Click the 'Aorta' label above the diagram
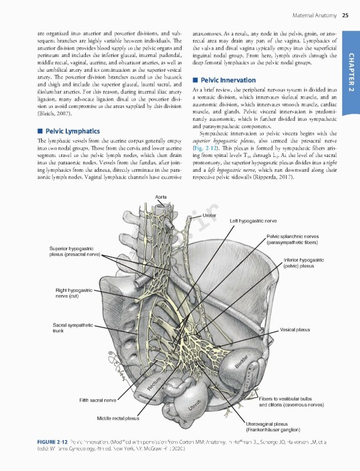[163, 178]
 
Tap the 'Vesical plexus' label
[294, 330]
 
